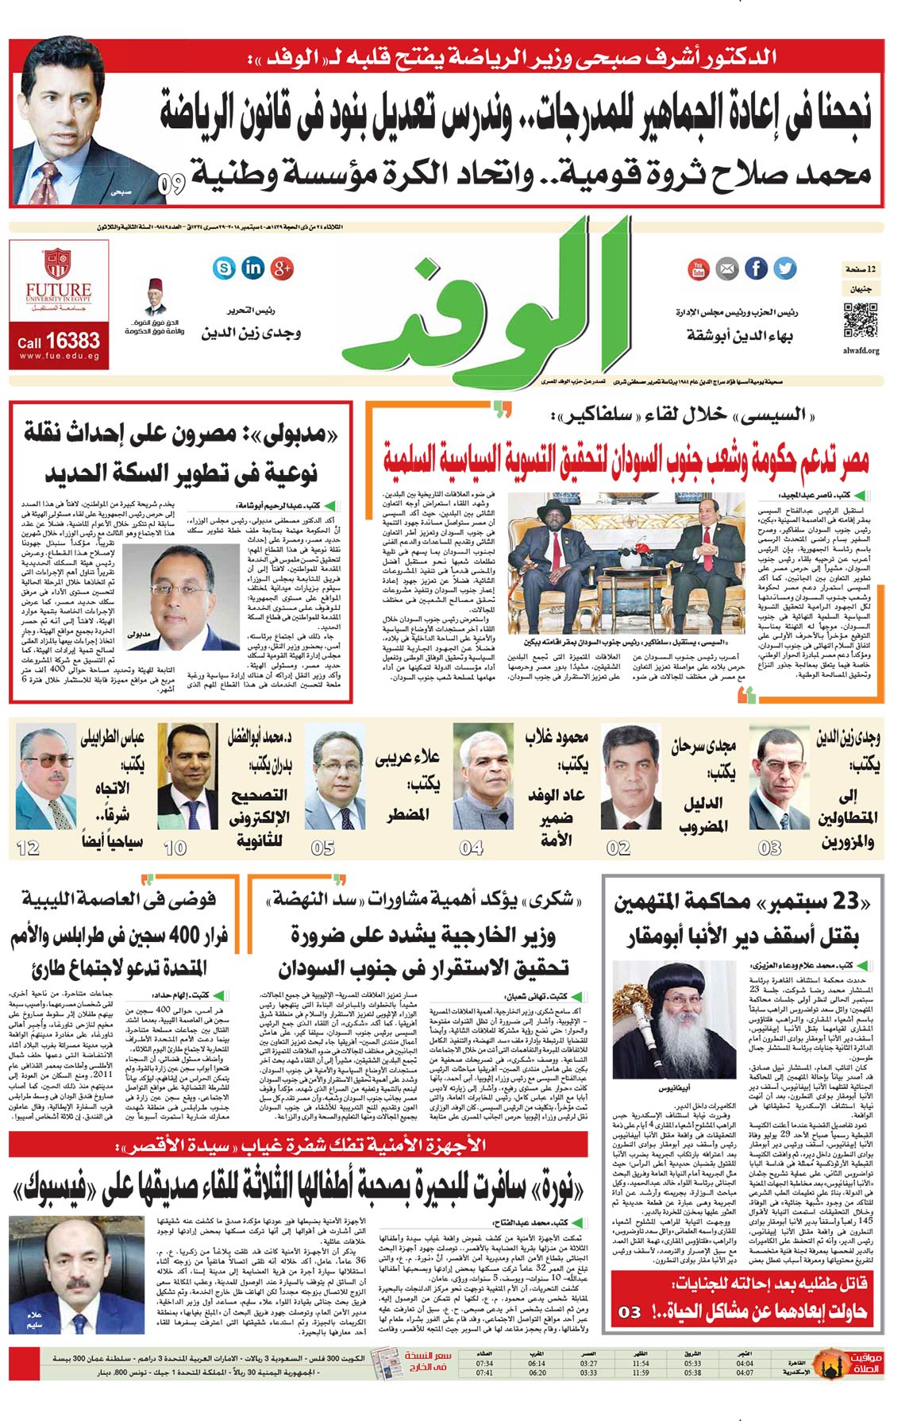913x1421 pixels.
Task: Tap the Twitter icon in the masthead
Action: (x=785, y=268)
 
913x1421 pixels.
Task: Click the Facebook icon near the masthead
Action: (x=756, y=268)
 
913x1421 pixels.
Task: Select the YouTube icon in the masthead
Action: (x=698, y=269)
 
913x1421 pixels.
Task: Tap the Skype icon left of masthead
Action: (x=225, y=268)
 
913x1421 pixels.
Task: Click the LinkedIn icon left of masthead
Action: (x=253, y=268)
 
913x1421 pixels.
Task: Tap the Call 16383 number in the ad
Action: (x=59, y=342)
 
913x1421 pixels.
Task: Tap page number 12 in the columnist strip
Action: (x=28, y=848)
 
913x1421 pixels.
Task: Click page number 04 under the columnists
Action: (x=472, y=848)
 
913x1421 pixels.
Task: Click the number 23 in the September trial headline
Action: (x=845, y=901)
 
